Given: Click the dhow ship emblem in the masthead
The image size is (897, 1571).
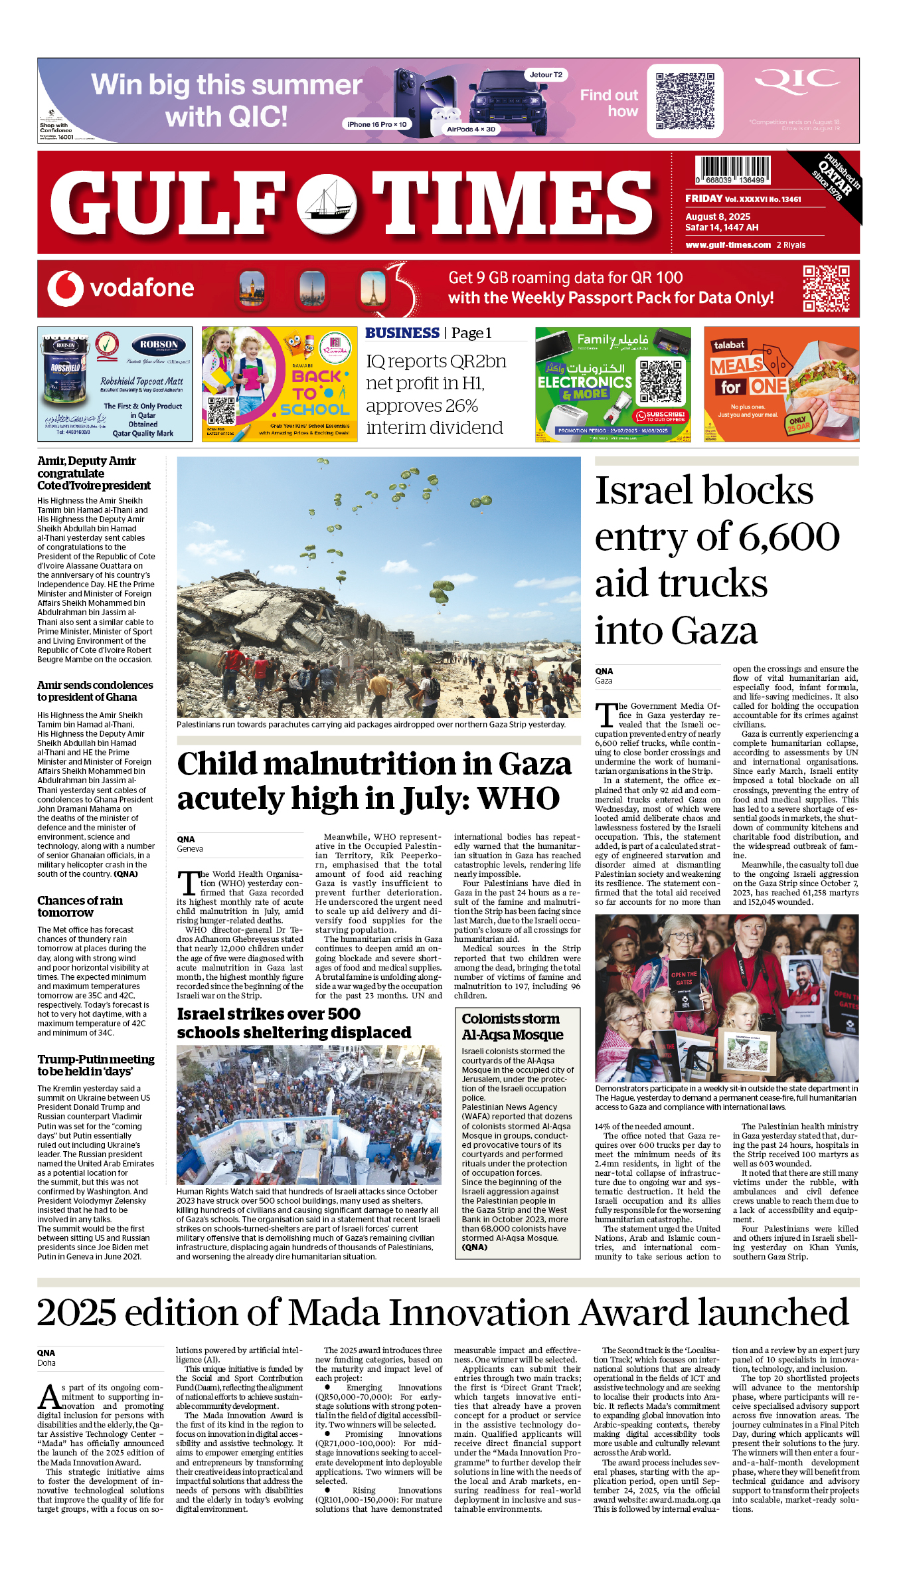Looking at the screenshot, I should point(327,204).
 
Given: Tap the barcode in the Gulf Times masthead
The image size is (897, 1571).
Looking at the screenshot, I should point(732,169).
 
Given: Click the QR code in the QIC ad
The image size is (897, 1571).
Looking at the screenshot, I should point(685,101).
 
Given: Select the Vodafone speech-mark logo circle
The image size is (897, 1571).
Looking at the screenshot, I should point(65,288).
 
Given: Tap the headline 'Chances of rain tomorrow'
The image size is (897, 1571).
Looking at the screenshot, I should point(80,907).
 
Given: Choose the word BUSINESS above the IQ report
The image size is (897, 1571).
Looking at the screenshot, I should point(402,333).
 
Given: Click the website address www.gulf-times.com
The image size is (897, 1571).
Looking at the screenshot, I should point(728,245).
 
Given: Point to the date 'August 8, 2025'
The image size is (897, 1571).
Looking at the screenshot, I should point(718,217).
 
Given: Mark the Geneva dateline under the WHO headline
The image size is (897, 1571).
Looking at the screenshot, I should point(190,849).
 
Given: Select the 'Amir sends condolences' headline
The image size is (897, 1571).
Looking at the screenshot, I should point(95,691).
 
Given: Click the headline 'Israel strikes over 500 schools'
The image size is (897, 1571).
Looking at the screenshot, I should point(294,1024).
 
